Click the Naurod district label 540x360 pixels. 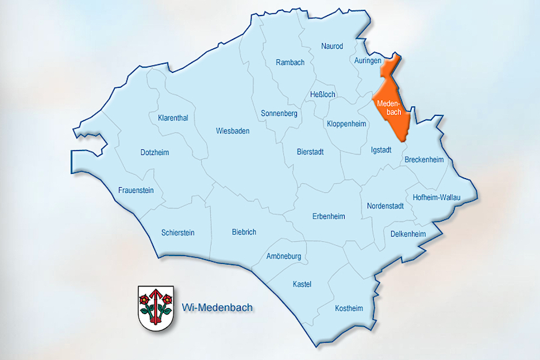(332, 46)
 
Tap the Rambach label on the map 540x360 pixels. (290, 63)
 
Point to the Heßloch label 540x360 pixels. (322, 94)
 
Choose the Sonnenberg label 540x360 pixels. (279, 114)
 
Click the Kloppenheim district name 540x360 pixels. (346, 123)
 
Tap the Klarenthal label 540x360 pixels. (173, 118)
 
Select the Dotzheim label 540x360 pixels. (155, 152)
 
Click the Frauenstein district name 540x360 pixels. (136, 190)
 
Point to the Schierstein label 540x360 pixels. (178, 233)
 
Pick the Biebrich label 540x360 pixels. (244, 232)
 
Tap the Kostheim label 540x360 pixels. (349, 308)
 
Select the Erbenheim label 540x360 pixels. (329, 216)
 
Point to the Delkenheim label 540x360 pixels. (408, 234)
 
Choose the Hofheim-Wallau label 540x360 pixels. (437, 198)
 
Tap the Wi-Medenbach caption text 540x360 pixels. (217, 307)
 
